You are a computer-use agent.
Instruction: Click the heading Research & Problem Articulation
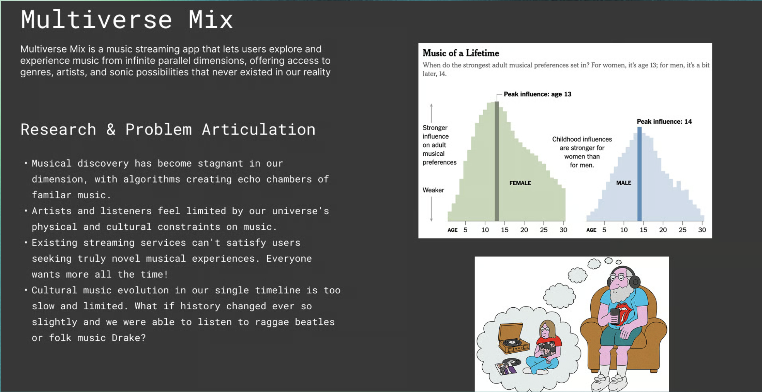168,130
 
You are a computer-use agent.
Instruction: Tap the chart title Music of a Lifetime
461,53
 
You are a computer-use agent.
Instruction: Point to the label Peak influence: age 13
537,94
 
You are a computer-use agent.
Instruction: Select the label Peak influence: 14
664,121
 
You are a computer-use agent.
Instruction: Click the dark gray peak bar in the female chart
497,161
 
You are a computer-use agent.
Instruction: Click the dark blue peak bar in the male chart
639,174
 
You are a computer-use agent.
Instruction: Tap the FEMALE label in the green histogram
520,183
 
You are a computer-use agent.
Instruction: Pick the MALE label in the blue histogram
624,183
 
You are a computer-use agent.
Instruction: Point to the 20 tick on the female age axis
524,230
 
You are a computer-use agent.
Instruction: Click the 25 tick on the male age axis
682,230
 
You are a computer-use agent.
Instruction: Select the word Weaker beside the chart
433,190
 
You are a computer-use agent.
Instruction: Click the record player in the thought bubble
513,339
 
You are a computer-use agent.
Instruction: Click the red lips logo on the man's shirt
623,312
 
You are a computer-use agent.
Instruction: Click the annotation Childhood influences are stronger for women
582,152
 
